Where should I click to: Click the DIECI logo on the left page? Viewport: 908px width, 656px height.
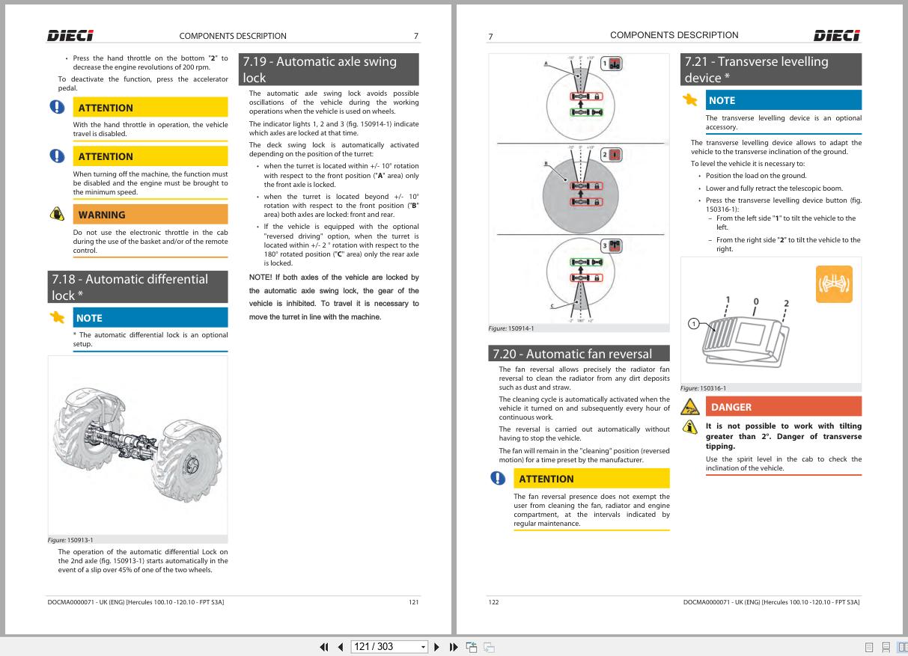tap(70, 36)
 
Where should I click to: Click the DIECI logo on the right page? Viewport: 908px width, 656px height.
tap(837, 36)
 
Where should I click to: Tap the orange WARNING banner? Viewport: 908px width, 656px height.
tap(150, 214)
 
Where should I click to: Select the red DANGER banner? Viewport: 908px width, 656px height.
tap(784, 407)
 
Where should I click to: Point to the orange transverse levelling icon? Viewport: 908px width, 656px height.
tap(834, 283)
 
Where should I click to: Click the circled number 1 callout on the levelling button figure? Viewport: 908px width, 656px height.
tap(694, 324)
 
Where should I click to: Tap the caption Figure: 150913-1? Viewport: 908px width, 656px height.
tap(70, 540)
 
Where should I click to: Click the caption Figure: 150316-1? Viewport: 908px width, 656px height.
tap(703, 388)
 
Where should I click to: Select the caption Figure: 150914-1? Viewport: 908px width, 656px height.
tap(511, 328)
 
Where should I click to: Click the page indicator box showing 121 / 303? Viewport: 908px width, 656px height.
tap(389, 647)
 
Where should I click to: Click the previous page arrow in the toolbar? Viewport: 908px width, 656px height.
tap(341, 647)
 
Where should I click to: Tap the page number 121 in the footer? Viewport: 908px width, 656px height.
tap(413, 602)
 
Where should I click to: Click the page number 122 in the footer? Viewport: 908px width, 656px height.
tap(494, 602)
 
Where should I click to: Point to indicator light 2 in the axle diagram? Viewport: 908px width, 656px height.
tap(612, 155)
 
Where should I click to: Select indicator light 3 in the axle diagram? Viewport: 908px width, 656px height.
tap(612, 245)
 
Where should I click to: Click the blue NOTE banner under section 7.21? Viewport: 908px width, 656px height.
tap(784, 100)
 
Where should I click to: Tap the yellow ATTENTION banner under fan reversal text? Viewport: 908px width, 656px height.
tap(591, 478)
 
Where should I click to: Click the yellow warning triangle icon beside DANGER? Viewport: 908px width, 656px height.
tap(689, 407)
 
